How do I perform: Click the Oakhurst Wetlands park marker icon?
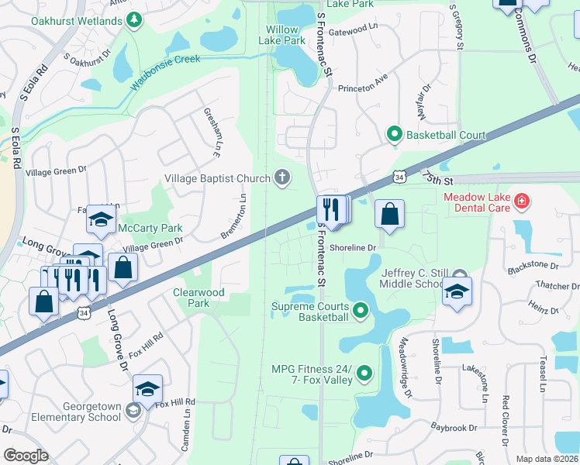click(135, 19)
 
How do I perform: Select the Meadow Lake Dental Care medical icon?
click(523, 202)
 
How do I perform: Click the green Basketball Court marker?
click(395, 136)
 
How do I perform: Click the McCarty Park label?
click(150, 228)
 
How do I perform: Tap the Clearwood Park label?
click(199, 298)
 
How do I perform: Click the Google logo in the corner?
click(26, 456)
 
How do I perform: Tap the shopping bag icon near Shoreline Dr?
click(389, 215)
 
